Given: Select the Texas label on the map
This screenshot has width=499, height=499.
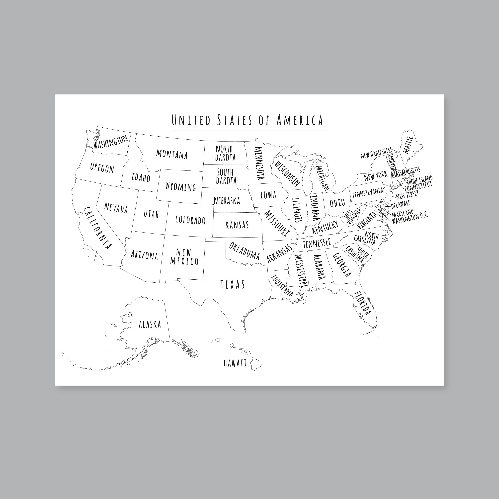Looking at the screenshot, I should [x=233, y=284].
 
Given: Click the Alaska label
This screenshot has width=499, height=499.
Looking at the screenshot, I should [x=150, y=324].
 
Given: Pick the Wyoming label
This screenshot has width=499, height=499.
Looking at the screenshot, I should [x=180, y=187].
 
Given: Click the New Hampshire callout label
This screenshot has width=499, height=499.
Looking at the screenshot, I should [x=376, y=153].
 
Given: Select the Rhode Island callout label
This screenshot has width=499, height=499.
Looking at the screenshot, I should [x=419, y=179].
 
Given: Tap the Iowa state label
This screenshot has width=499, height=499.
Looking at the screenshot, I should [x=268, y=195].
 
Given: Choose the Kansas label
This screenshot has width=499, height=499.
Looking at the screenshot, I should [x=237, y=225].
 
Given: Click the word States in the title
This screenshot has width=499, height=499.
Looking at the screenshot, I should [x=235, y=120].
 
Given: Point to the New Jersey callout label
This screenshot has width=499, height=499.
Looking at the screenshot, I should [x=407, y=194].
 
